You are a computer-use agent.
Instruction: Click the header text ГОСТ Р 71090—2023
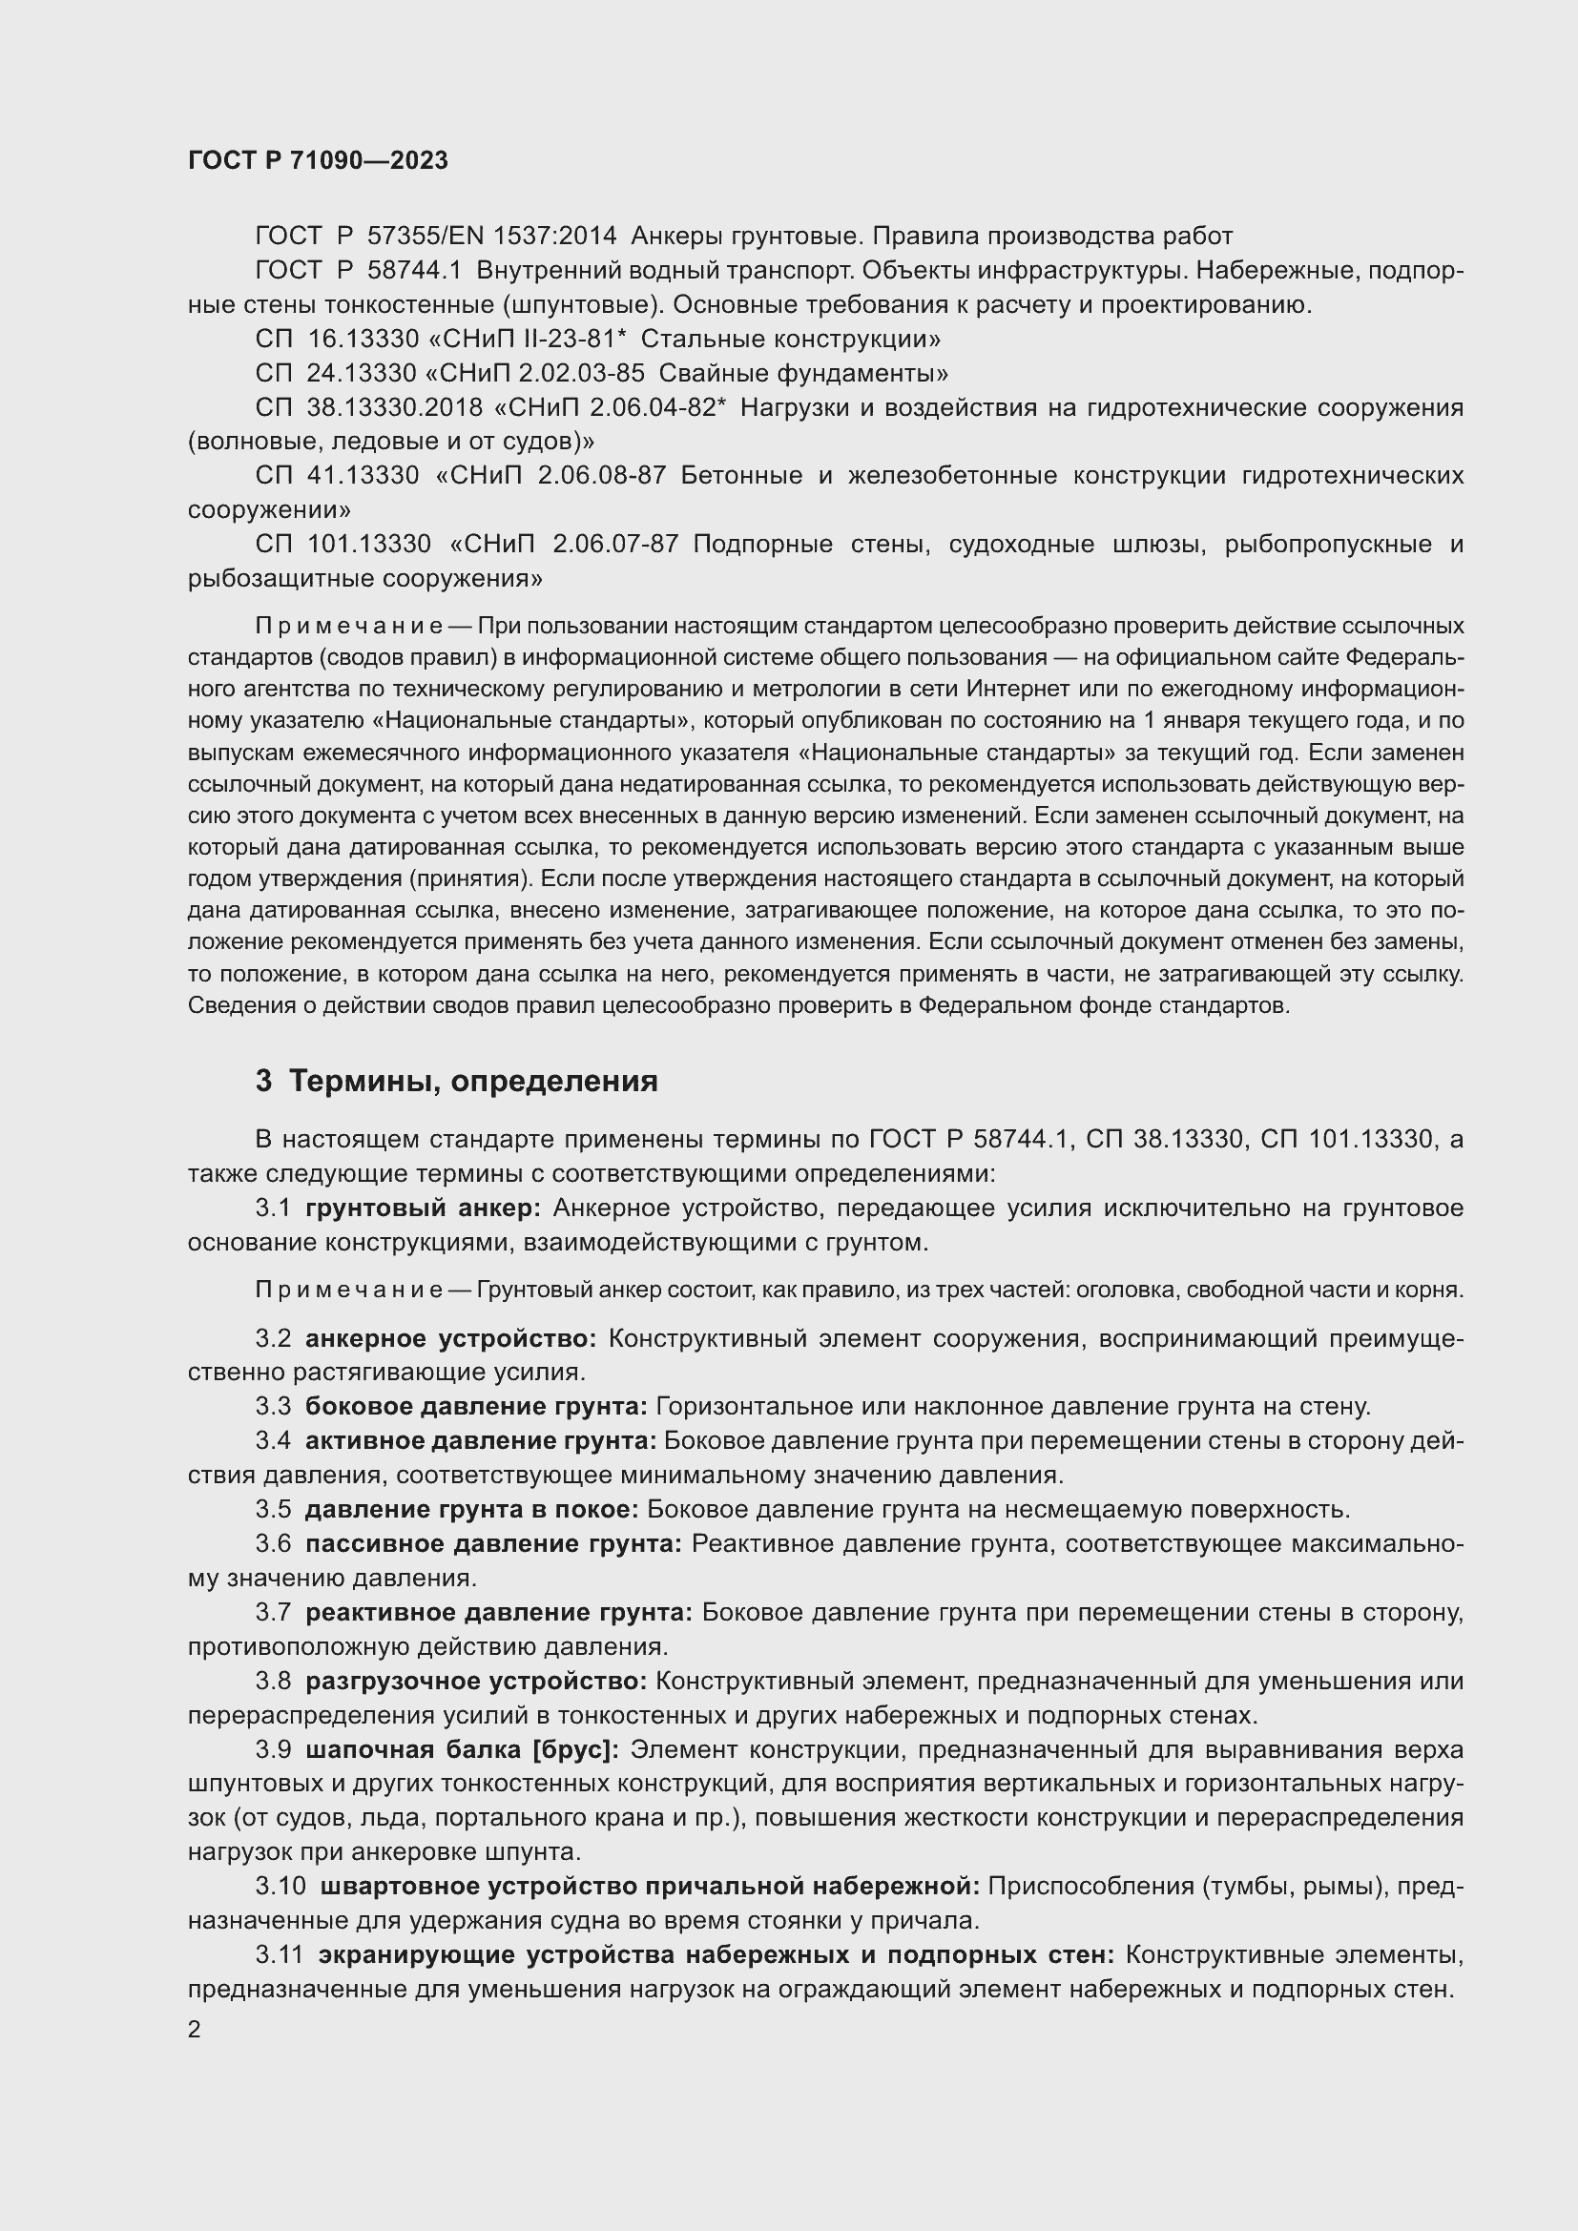click(x=318, y=160)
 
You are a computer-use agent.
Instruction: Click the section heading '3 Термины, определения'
click(x=457, y=1082)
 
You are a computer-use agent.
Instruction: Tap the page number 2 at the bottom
click(x=195, y=2029)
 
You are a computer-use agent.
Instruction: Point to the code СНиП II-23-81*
click(x=537, y=340)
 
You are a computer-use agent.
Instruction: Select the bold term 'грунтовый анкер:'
click(x=423, y=1208)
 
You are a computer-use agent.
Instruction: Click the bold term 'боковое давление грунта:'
click(x=476, y=1406)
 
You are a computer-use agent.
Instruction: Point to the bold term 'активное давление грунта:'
click(x=481, y=1440)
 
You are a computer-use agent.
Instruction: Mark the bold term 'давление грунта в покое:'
click(x=471, y=1509)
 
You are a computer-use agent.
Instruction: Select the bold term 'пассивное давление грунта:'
click(x=493, y=1543)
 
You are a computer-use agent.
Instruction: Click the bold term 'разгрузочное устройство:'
click(x=476, y=1680)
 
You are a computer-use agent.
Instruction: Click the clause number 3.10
click(x=280, y=1886)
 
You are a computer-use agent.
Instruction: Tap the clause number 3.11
click(x=280, y=1954)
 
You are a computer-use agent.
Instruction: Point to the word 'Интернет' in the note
click(x=1013, y=689)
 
